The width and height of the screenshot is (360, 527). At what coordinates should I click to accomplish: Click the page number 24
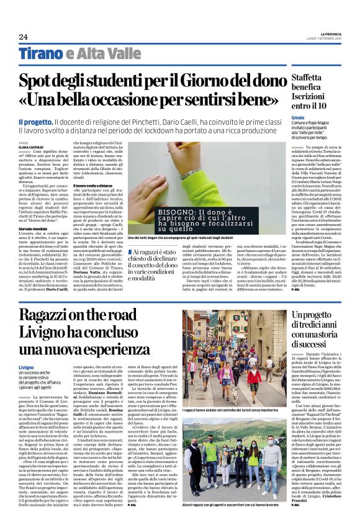click(x=23, y=37)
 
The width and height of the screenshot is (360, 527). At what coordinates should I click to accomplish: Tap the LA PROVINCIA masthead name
click(x=338, y=34)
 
